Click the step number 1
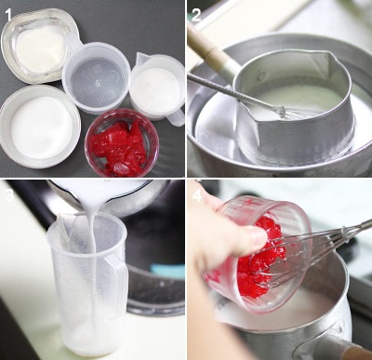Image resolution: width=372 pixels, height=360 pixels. [8, 14]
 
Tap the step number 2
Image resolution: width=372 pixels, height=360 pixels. [196, 15]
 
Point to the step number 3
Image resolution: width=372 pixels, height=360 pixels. [8, 195]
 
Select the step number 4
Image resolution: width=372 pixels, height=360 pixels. [197, 195]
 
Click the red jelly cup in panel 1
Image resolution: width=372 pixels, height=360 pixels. [122, 142]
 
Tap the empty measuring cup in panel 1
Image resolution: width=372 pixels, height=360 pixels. [96, 77]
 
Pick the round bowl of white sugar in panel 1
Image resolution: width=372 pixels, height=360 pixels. [40, 127]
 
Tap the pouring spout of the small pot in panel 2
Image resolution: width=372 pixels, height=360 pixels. [325, 58]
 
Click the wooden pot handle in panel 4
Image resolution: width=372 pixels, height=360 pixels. [355, 351]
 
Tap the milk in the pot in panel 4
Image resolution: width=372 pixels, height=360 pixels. [298, 313]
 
